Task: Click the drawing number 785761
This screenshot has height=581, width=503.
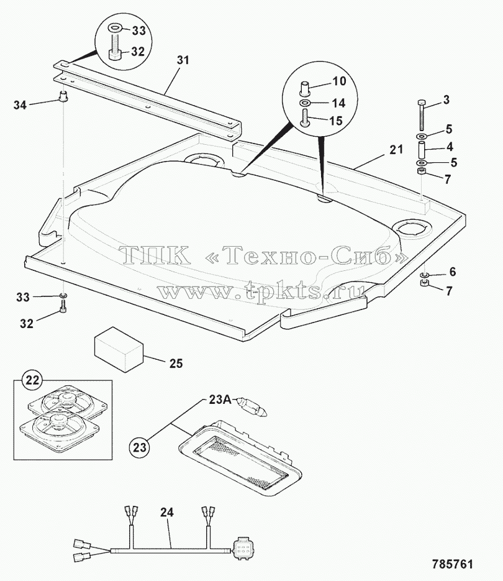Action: pyautogui.click(x=452, y=564)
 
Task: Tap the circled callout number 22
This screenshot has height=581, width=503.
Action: pyautogui.click(x=32, y=380)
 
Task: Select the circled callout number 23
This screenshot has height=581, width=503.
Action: pyautogui.click(x=140, y=447)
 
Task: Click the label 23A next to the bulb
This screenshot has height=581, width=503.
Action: pyautogui.click(x=220, y=400)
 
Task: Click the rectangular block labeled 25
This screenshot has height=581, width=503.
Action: pyautogui.click(x=119, y=349)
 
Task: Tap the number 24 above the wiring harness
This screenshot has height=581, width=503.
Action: pyautogui.click(x=167, y=513)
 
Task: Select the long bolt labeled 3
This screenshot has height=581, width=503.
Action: pyautogui.click(x=422, y=114)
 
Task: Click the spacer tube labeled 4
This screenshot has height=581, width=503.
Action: pyautogui.click(x=422, y=149)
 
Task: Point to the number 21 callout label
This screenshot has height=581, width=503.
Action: pyautogui.click(x=396, y=150)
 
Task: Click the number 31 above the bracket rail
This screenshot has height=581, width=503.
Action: pyautogui.click(x=183, y=60)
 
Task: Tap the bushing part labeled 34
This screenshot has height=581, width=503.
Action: pyautogui.click(x=64, y=96)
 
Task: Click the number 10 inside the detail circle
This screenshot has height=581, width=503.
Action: pyautogui.click(x=339, y=81)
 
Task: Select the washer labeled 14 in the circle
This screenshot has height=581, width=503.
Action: pyautogui.click(x=305, y=103)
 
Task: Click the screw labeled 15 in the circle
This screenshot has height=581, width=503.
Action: pyautogui.click(x=305, y=118)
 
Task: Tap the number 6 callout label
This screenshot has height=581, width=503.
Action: pyautogui.click(x=453, y=272)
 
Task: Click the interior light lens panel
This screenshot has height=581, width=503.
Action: pyautogui.click(x=239, y=457)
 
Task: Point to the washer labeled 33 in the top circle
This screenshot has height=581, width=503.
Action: pyautogui.click(x=114, y=27)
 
